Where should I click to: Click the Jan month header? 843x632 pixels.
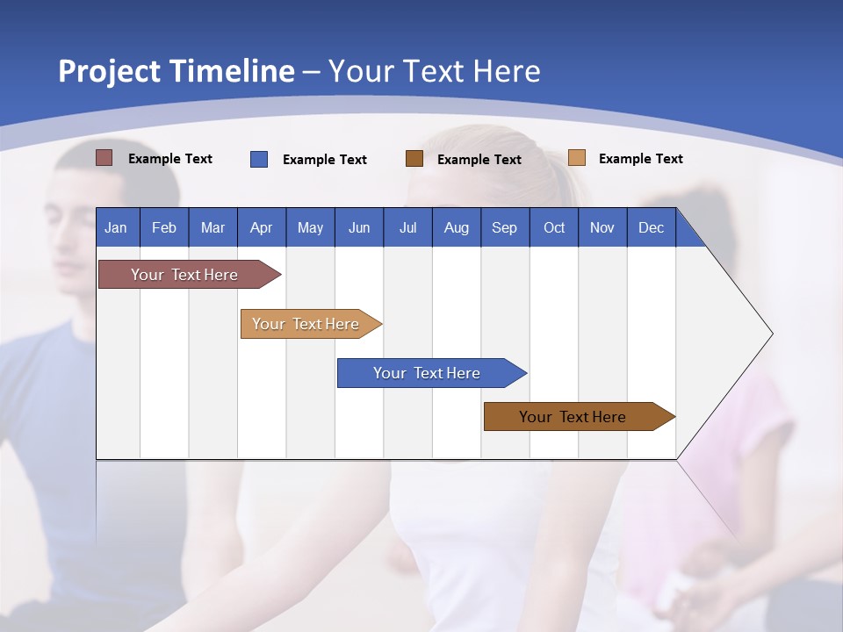(117, 227)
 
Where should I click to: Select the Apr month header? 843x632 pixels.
(262, 227)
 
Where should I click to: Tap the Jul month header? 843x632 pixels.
(408, 227)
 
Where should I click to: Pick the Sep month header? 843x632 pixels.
(505, 227)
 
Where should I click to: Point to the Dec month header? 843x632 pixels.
(651, 227)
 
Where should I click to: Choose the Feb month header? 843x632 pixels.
(164, 227)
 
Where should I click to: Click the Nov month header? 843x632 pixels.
(602, 227)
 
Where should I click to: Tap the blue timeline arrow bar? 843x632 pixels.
(428, 373)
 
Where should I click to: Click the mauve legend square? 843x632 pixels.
(104, 158)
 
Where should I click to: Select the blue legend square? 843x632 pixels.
(259, 159)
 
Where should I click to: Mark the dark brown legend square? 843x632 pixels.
(414, 158)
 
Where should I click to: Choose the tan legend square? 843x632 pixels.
(576, 158)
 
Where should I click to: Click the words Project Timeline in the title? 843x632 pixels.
(176, 71)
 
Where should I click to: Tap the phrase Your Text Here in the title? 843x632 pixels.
(435, 71)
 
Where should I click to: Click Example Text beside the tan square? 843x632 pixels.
(640, 159)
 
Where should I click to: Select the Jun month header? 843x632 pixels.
(359, 227)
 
